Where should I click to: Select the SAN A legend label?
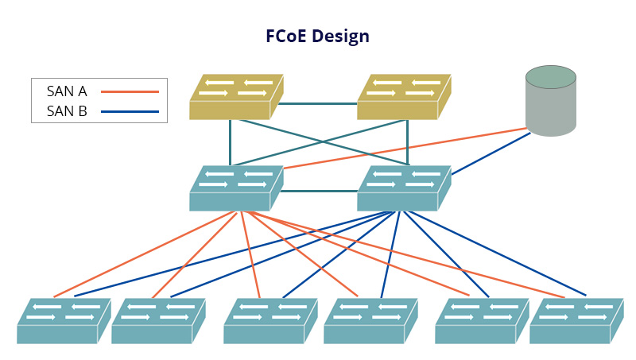(67, 91)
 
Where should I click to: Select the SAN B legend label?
(67, 111)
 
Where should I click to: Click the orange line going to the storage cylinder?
(405, 148)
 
